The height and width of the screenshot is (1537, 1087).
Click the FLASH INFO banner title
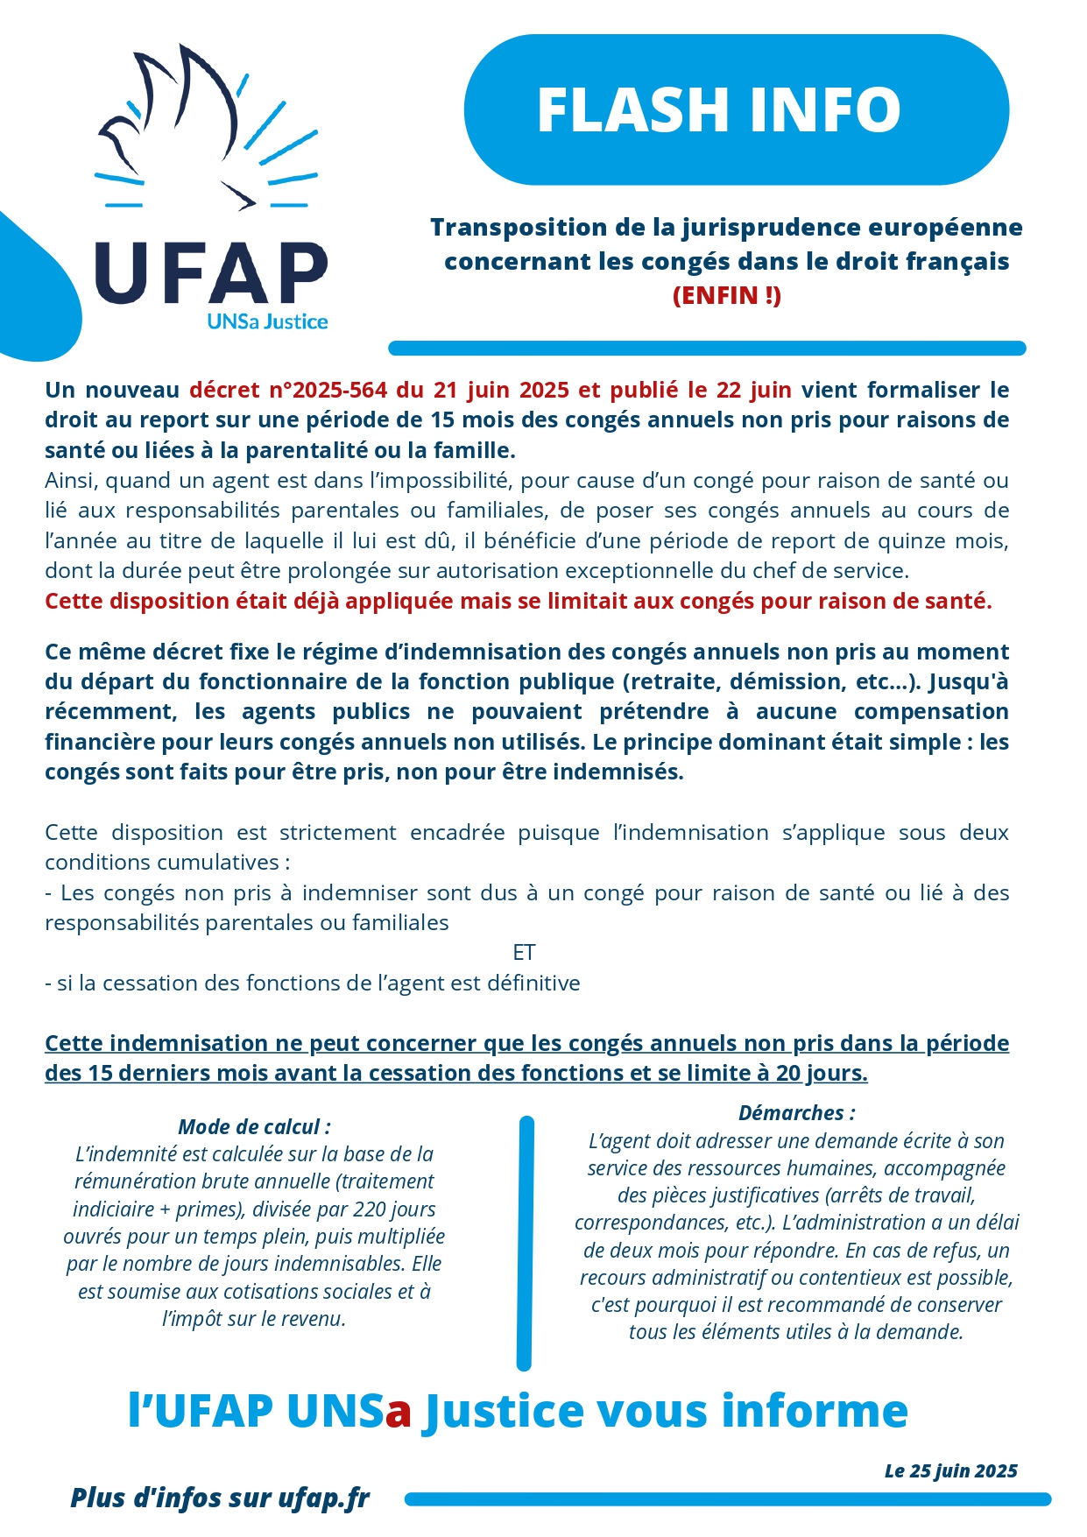pyautogui.click(x=718, y=110)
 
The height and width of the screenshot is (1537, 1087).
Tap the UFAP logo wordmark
pyautogui.click(x=211, y=273)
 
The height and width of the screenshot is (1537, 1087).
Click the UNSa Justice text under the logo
pyautogui.click(x=267, y=321)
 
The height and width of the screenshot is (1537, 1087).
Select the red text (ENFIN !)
pyautogui.click(x=726, y=295)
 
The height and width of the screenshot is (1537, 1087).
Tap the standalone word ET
pyautogui.click(x=524, y=952)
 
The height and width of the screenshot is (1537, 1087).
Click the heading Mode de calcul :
pyautogui.click(x=254, y=1126)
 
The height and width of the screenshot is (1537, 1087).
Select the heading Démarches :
pyautogui.click(x=796, y=1112)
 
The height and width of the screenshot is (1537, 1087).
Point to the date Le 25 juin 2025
pyautogui.click(x=950, y=1470)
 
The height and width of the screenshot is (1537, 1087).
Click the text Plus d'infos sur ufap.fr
pyautogui.click(x=220, y=1498)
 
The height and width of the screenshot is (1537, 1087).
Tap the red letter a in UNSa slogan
pyautogui.click(x=399, y=1411)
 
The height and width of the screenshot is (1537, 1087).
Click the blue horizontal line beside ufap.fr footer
pyautogui.click(x=727, y=1499)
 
